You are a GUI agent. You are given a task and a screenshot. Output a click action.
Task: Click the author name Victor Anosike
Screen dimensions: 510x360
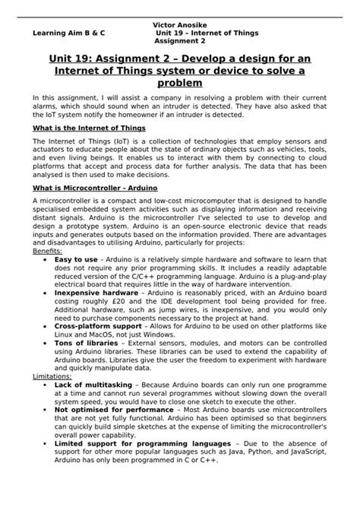(179, 24)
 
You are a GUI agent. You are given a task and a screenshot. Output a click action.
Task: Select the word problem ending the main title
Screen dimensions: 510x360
(179, 82)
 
